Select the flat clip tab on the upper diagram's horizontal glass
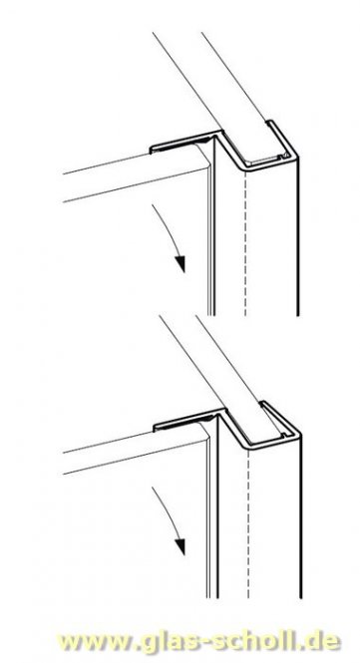tap(180, 148)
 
